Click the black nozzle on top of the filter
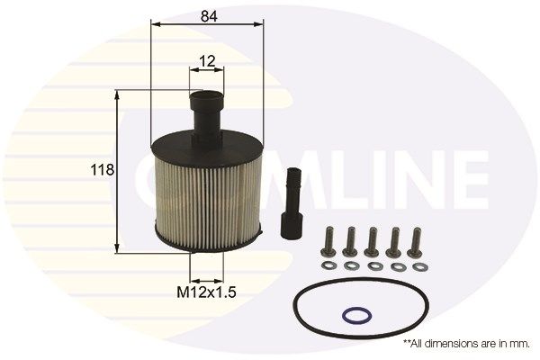click(x=206, y=112)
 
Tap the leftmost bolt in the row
click(x=329, y=241)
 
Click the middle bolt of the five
click(x=373, y=241)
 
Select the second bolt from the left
click(x=351, y=241)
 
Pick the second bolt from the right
click(x=394, y=241)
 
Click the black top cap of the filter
click(x=207, y=144)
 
